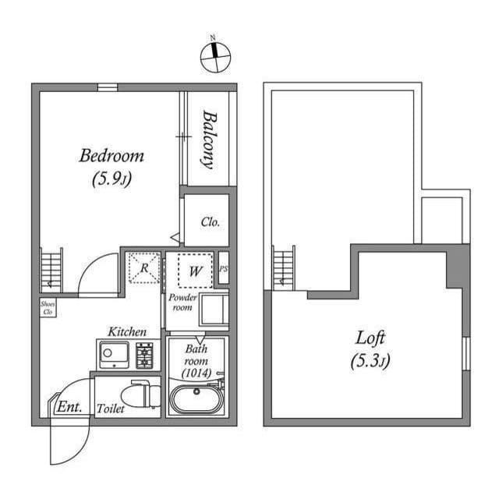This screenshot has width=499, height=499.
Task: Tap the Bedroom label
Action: pos(111,155)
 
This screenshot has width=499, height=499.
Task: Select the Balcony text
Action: pos(209,138)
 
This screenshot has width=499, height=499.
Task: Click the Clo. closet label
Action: pos(210,221)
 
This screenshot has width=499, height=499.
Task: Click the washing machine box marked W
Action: pos(195,271)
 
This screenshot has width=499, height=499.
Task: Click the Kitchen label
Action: pos(127,331)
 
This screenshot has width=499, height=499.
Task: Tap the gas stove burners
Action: pos(145,356)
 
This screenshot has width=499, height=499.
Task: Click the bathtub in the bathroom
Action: pos(196,399)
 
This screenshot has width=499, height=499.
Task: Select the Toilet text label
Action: pos(110,409)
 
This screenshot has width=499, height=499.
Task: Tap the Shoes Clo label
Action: pos(47,307)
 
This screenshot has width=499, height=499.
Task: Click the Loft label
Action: pos(371,338)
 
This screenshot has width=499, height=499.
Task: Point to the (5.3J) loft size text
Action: pos(371,361)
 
